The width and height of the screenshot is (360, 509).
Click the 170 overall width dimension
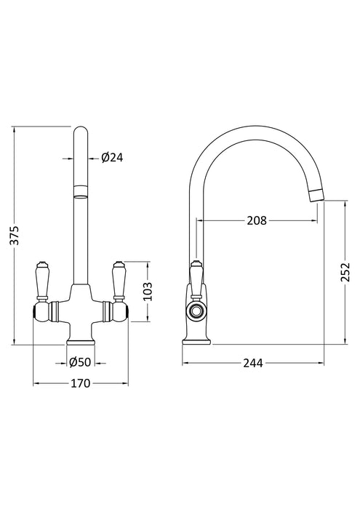pyautogui.click(x=80, y=383)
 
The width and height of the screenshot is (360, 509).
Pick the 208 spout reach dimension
pyautogui.click(x=257, y=220)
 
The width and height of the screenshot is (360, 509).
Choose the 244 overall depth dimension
pyautogui.click(x=252, y=363)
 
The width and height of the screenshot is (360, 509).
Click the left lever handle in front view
pyautogui.click(x=42, y=280)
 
